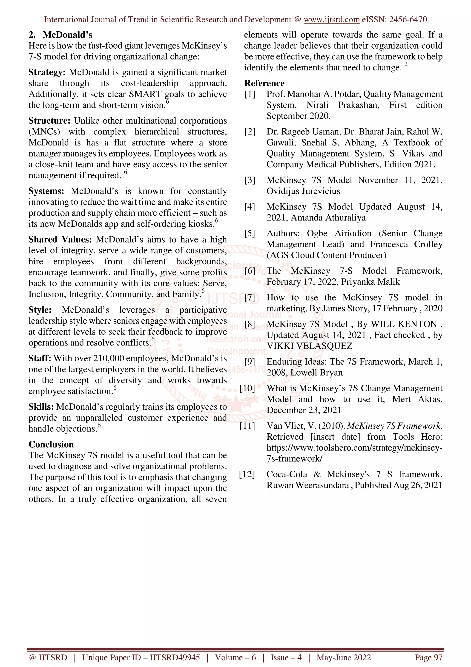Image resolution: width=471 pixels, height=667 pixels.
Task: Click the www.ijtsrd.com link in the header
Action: [x=331, y=20]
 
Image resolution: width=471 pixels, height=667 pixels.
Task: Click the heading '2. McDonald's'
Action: [x=60, y=35]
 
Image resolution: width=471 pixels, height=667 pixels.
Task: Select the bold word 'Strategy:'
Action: [x=47, y=72]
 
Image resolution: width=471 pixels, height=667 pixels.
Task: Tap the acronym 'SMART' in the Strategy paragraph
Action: [x=145, y=94]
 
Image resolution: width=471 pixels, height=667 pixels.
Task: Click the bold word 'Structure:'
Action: [x=49, y=121]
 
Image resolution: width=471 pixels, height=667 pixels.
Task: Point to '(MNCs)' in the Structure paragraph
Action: [x=44, y=132]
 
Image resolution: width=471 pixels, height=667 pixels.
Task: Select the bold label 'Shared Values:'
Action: [x=60, y=239]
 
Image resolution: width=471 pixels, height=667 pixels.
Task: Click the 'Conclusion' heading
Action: [x=51, y=444]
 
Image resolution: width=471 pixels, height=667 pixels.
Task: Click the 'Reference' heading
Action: [x=264, y=83]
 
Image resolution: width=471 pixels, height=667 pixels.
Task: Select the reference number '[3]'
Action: [x=250, y=180]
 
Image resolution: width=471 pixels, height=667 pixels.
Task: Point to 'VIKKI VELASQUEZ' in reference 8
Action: [x=309, y=346]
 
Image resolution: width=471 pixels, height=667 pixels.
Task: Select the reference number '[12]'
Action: [x=247, y=474]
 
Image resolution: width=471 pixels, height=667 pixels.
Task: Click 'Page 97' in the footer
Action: [x=428, y=657]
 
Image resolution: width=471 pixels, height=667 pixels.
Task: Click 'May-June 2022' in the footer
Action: [x=344, y=657]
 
